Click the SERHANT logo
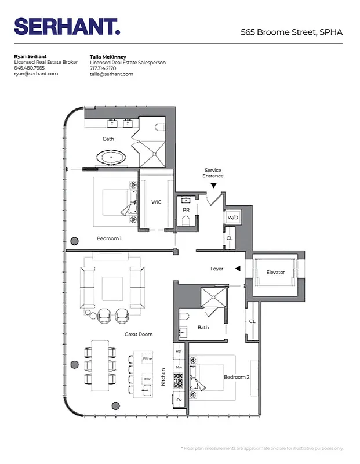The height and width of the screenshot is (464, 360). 67,27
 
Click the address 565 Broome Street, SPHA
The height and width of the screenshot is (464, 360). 292,32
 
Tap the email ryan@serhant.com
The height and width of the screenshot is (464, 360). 36,74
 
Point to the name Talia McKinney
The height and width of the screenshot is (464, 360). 108,57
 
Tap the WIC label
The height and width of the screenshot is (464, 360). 156,202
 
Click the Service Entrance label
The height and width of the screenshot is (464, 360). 213,173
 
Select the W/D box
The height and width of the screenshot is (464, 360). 232,217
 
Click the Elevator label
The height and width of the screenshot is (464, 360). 275,272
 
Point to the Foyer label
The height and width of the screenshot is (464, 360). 217,269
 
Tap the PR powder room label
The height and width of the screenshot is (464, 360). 186,209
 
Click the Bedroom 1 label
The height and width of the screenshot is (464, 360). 109,238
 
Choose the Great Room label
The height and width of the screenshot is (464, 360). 139,335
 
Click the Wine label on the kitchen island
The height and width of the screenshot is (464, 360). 147,359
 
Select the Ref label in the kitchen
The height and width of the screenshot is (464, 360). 179,352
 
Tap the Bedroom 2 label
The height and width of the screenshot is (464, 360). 237,378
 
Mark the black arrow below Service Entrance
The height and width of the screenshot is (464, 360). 213,186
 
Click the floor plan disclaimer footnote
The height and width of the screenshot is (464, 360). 262,448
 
